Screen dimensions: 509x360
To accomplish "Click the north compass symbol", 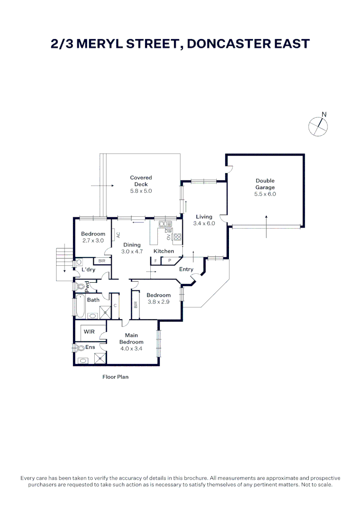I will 318,126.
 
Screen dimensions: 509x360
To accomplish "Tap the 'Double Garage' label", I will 265,184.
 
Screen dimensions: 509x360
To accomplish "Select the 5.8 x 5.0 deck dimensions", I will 141,191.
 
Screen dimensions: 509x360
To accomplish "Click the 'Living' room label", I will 204,217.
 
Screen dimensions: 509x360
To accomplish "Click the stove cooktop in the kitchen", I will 178,237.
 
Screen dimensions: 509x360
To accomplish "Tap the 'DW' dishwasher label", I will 168,231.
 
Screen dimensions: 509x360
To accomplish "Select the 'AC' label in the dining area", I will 118,234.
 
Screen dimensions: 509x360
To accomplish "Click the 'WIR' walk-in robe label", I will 89,332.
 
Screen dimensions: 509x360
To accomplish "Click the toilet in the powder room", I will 79,286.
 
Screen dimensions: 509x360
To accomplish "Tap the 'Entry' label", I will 186,269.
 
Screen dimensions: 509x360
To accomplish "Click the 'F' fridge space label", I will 155,260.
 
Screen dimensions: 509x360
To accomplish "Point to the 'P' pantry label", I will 169,260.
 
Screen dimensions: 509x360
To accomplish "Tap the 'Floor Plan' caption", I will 115,377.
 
